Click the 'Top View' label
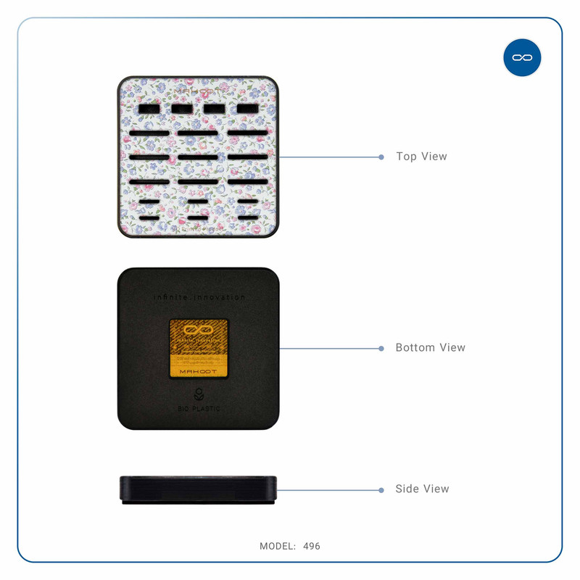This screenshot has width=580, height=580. (x=421, y=157)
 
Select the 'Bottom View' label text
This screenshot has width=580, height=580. (x=430, y=348)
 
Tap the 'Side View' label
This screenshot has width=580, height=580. (x=422, y=489)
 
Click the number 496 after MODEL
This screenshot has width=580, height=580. (x=312, y=546)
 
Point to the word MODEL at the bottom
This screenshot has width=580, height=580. (x=276, y=546)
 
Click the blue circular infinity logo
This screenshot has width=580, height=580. (x=522, y=57)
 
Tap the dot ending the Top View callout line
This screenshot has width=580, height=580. (x=381, y=157)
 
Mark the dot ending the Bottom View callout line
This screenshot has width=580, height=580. (x=381, y=349)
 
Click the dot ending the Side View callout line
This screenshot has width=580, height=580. (x=381, y=490)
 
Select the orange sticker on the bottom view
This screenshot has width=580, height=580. (x=199, y=349)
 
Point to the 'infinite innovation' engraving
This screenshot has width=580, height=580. (x=199, y=297)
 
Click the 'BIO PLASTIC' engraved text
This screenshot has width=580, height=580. (x=198, y=409)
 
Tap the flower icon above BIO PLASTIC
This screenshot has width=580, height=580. (x=198, y=396)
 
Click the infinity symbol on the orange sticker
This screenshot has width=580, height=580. (x=198, y=330)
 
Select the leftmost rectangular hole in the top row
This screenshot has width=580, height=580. (x=149, y=109)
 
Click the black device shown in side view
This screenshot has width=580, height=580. (x=198, y=489)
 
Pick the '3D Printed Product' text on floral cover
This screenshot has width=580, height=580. (x=197, y=228)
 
